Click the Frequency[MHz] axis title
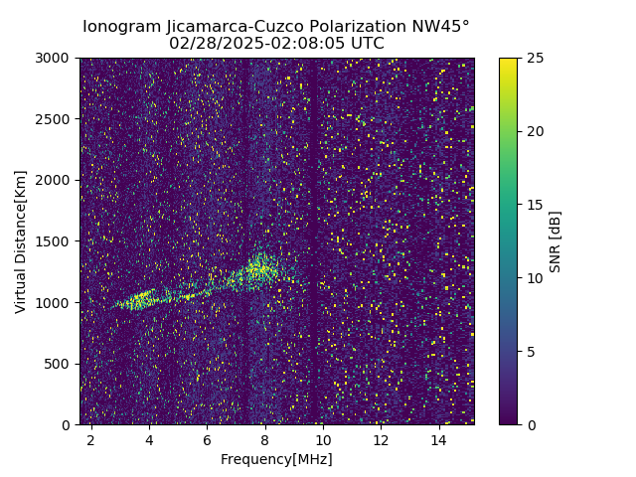[x=276, y=459]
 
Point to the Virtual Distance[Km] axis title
[x=21, y=241]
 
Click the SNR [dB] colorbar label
[x=556, y=241]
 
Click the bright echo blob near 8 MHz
[x=262, y=269]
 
